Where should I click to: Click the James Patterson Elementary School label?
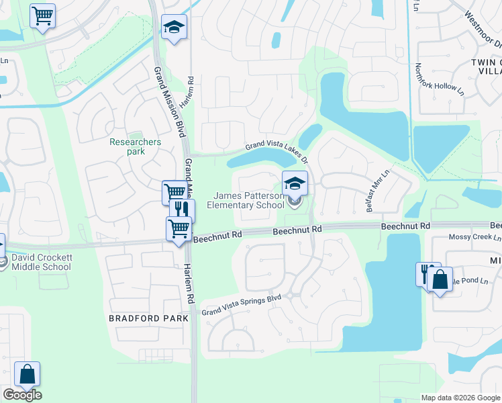(x=249, y=199)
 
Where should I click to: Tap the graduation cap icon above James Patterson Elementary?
(x=295, y=182)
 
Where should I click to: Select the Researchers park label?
(x=136, y=146)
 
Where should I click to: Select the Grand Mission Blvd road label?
(x=169, y=101)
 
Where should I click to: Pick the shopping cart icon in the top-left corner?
(x=43, y=15)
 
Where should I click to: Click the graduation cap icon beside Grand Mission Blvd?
(x=174, y=27)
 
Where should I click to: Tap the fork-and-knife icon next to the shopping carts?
(x=183, y=210)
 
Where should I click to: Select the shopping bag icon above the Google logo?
(x=28, y=373)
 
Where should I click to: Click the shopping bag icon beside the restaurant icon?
(x=440, y=280)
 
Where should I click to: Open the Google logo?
(x=22, y=395)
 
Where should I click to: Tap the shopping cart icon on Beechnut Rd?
(x=179, y=228)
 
